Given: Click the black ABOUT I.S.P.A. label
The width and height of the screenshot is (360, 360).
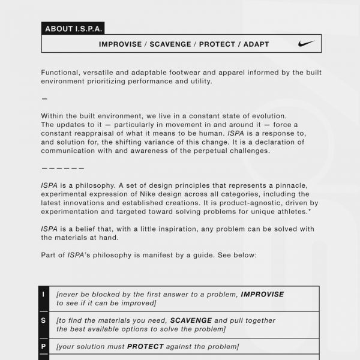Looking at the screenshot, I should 72,28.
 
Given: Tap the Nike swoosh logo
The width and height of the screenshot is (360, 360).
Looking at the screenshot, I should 305,44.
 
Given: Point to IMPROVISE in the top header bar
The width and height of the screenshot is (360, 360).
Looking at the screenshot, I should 121,44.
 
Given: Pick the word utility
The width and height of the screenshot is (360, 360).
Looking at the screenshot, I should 197,81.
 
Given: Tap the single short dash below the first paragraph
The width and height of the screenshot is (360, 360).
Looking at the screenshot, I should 44,98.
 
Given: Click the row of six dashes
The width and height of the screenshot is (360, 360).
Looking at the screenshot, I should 63,168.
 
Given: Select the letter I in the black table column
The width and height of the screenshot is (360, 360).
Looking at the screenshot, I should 43,294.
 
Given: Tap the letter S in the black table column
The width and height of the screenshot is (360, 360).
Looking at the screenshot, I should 43,320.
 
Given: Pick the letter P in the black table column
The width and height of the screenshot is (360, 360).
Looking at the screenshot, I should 43,346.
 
